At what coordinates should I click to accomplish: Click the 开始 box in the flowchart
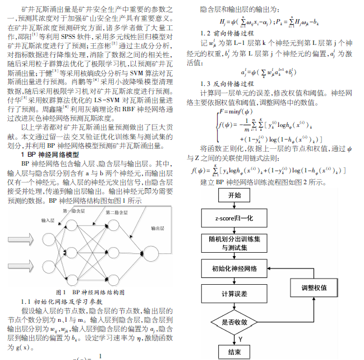click(x=235, y=195)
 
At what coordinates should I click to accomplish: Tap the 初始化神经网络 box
click(x=235, y=268)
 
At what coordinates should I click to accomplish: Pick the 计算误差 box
click(x=235, y=294)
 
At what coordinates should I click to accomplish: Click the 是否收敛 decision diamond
click(x=235, y=322)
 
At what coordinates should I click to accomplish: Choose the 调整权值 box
click(x=314, y=288)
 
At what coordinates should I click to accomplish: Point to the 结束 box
click(x=235, y=352)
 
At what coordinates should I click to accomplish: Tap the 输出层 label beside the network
click(x=158, y=229)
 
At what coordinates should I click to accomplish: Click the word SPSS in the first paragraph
click(x=77, y=37)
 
